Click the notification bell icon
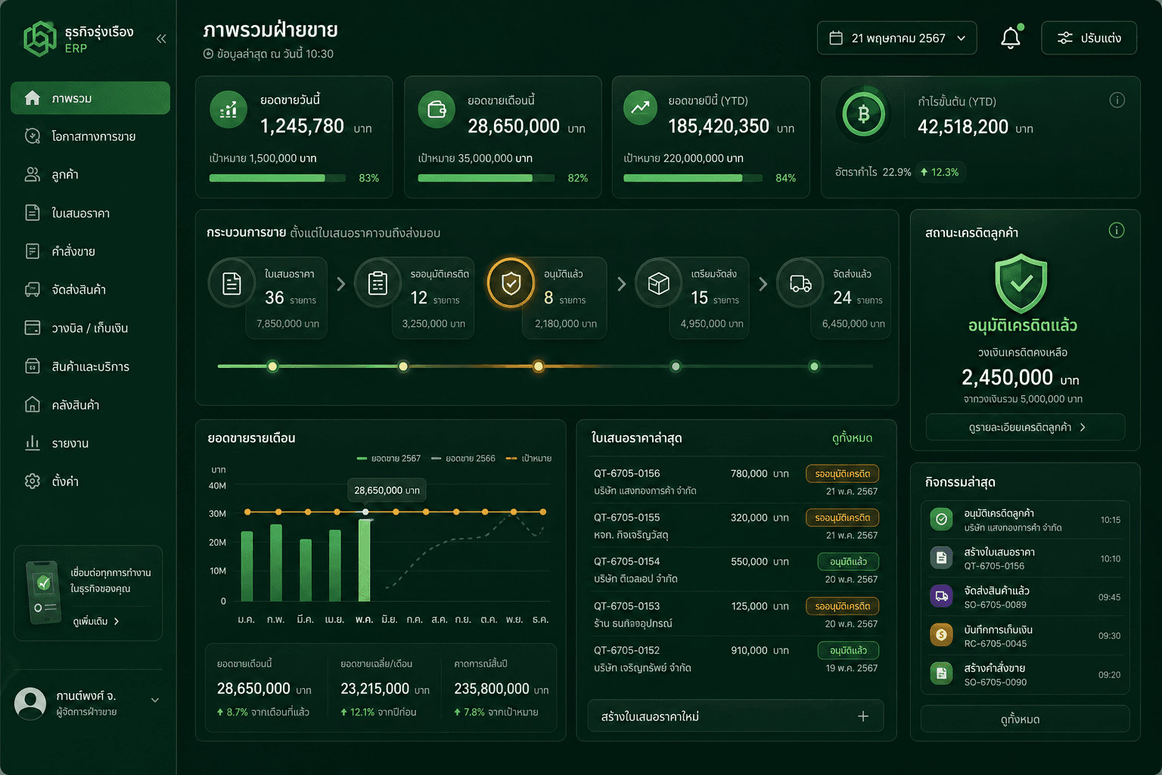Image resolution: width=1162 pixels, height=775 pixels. pos(1010,39)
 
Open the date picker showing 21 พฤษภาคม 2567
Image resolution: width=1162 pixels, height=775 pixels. pos(896,38)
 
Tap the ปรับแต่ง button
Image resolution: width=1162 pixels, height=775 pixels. pos(1089,38)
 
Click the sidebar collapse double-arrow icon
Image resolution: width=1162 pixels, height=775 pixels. pos(161,39)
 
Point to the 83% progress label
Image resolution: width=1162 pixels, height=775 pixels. pos(369,178)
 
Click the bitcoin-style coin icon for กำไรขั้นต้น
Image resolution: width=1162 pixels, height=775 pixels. pos(863,114)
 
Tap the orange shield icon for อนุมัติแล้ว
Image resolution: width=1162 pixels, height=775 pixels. pos(511,283)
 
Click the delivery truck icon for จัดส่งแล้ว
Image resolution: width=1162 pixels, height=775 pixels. pos(800,283)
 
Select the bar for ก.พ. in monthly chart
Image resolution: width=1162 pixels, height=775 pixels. pos(276,562)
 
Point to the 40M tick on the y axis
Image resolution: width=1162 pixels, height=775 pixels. pos(217,486)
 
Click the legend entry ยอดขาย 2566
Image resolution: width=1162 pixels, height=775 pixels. pos(463,459)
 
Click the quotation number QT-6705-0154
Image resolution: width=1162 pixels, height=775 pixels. pos(626,562)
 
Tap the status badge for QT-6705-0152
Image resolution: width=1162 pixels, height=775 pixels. pos(848,650)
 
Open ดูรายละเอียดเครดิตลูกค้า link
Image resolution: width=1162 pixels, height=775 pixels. pos(1025,427)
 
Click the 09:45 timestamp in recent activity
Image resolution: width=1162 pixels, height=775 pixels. pos(1109,597)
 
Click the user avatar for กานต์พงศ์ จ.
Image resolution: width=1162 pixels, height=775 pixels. pos(30,703)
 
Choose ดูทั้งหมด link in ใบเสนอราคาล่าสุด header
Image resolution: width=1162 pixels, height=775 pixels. pos(852,438)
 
